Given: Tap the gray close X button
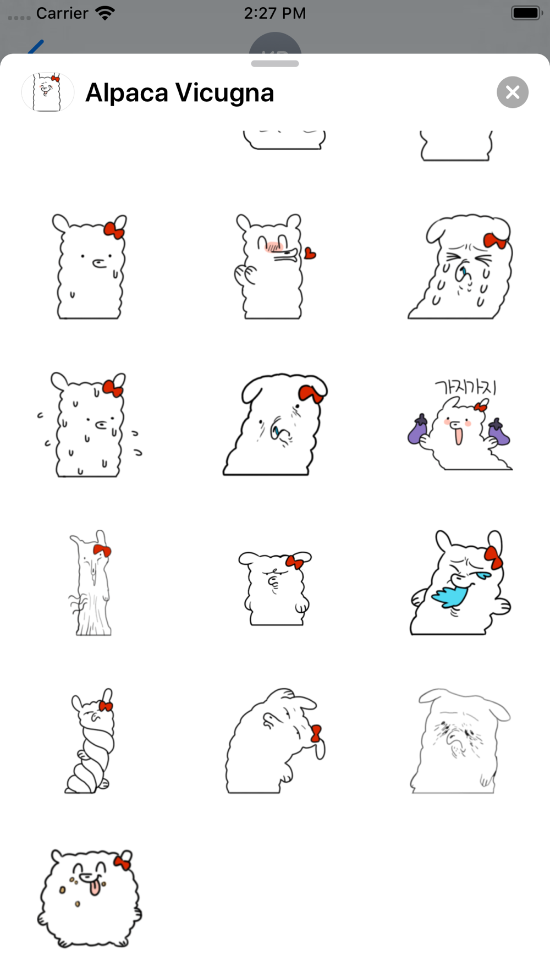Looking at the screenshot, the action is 513,92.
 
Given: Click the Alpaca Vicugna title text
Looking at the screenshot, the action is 180,92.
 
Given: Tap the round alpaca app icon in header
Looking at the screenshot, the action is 48,92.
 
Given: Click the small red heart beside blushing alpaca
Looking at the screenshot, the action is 310,253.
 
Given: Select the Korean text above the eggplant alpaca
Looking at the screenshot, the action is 465,387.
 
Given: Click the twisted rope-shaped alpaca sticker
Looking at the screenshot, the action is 91,740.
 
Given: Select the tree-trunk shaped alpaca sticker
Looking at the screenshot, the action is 91,583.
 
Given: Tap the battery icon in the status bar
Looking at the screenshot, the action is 527,13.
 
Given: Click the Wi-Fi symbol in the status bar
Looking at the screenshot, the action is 105,13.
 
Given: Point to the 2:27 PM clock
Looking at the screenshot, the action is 275,13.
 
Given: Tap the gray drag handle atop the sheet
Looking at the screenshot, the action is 275,64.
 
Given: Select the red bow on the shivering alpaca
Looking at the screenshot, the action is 113,388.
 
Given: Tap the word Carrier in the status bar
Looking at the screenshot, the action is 62,13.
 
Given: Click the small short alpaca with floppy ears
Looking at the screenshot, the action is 275,588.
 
